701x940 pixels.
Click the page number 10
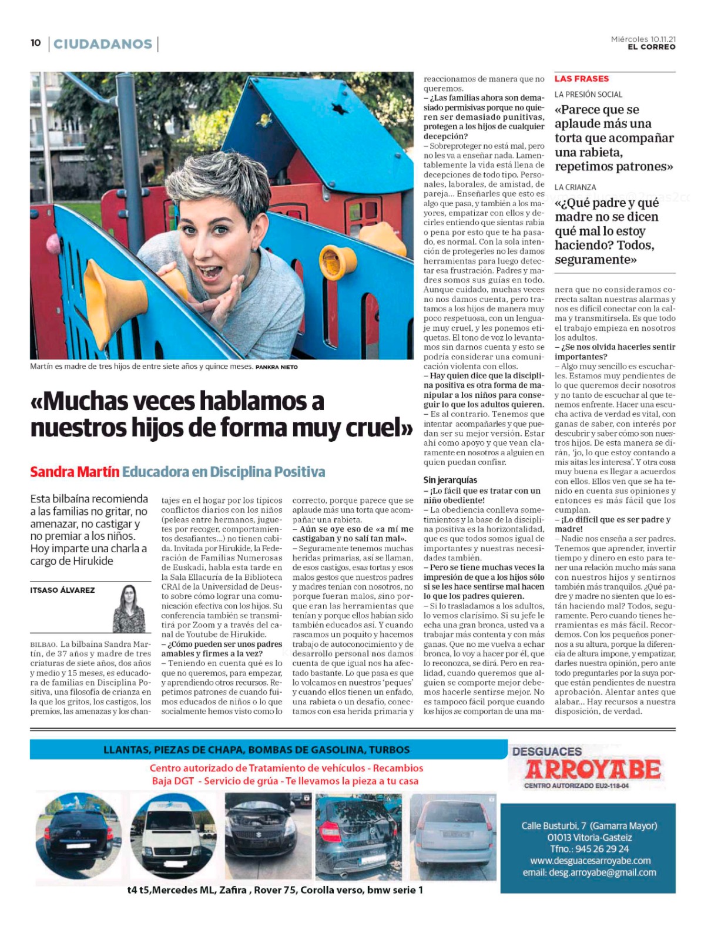tap(35, 43)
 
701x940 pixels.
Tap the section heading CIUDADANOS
tap(103, 44)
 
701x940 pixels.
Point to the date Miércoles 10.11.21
tap(643, 39)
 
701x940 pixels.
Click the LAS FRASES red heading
tap(581, 79)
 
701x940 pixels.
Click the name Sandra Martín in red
tap(75, 472)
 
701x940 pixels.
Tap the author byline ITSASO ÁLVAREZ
tap(62, 590)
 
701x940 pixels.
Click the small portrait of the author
tap(129, 609)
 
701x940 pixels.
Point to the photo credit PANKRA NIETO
tap(276, 367)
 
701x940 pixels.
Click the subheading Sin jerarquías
tap(450, 480)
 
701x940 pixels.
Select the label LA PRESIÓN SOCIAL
tap(588, 95)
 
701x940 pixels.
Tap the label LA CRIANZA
tap(575, 187)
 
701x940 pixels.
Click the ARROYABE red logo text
tap(593, 770)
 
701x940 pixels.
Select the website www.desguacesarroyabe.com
tap(590, 861)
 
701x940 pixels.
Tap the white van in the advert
tap(172, 835)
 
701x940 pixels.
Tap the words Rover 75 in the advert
tap(275, 890)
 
